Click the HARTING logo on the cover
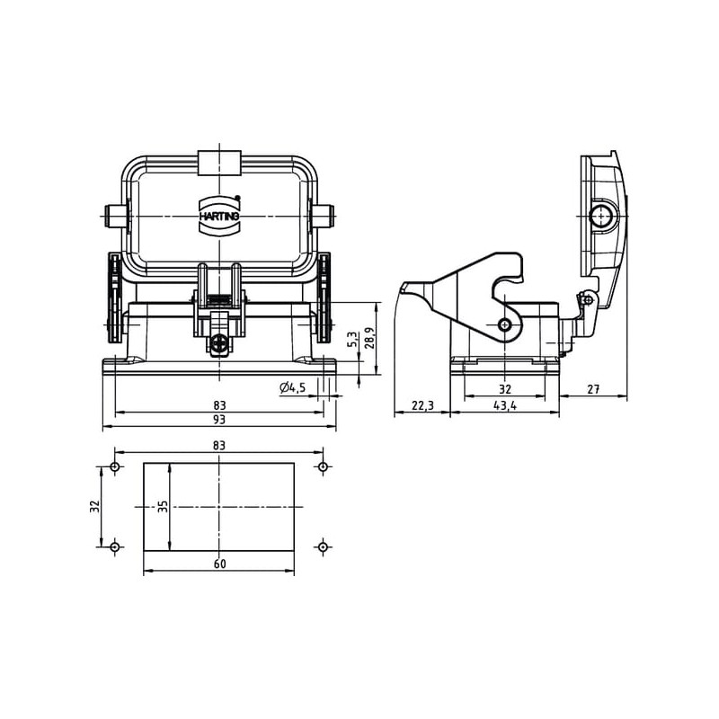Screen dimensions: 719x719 [219, 216]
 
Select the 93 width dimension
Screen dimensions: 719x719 [219, 419]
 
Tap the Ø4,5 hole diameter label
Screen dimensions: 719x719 [292, 388]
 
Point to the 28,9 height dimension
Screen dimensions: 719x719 [370, 338]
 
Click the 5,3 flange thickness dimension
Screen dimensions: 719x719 [352, 339]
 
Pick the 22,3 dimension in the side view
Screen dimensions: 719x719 [422, 405]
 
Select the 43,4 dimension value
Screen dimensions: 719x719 [505, 405]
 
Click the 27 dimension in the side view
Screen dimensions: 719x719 [593, 389]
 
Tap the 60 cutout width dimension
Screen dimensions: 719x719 [219, 564]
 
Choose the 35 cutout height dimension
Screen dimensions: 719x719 [164, 506]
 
